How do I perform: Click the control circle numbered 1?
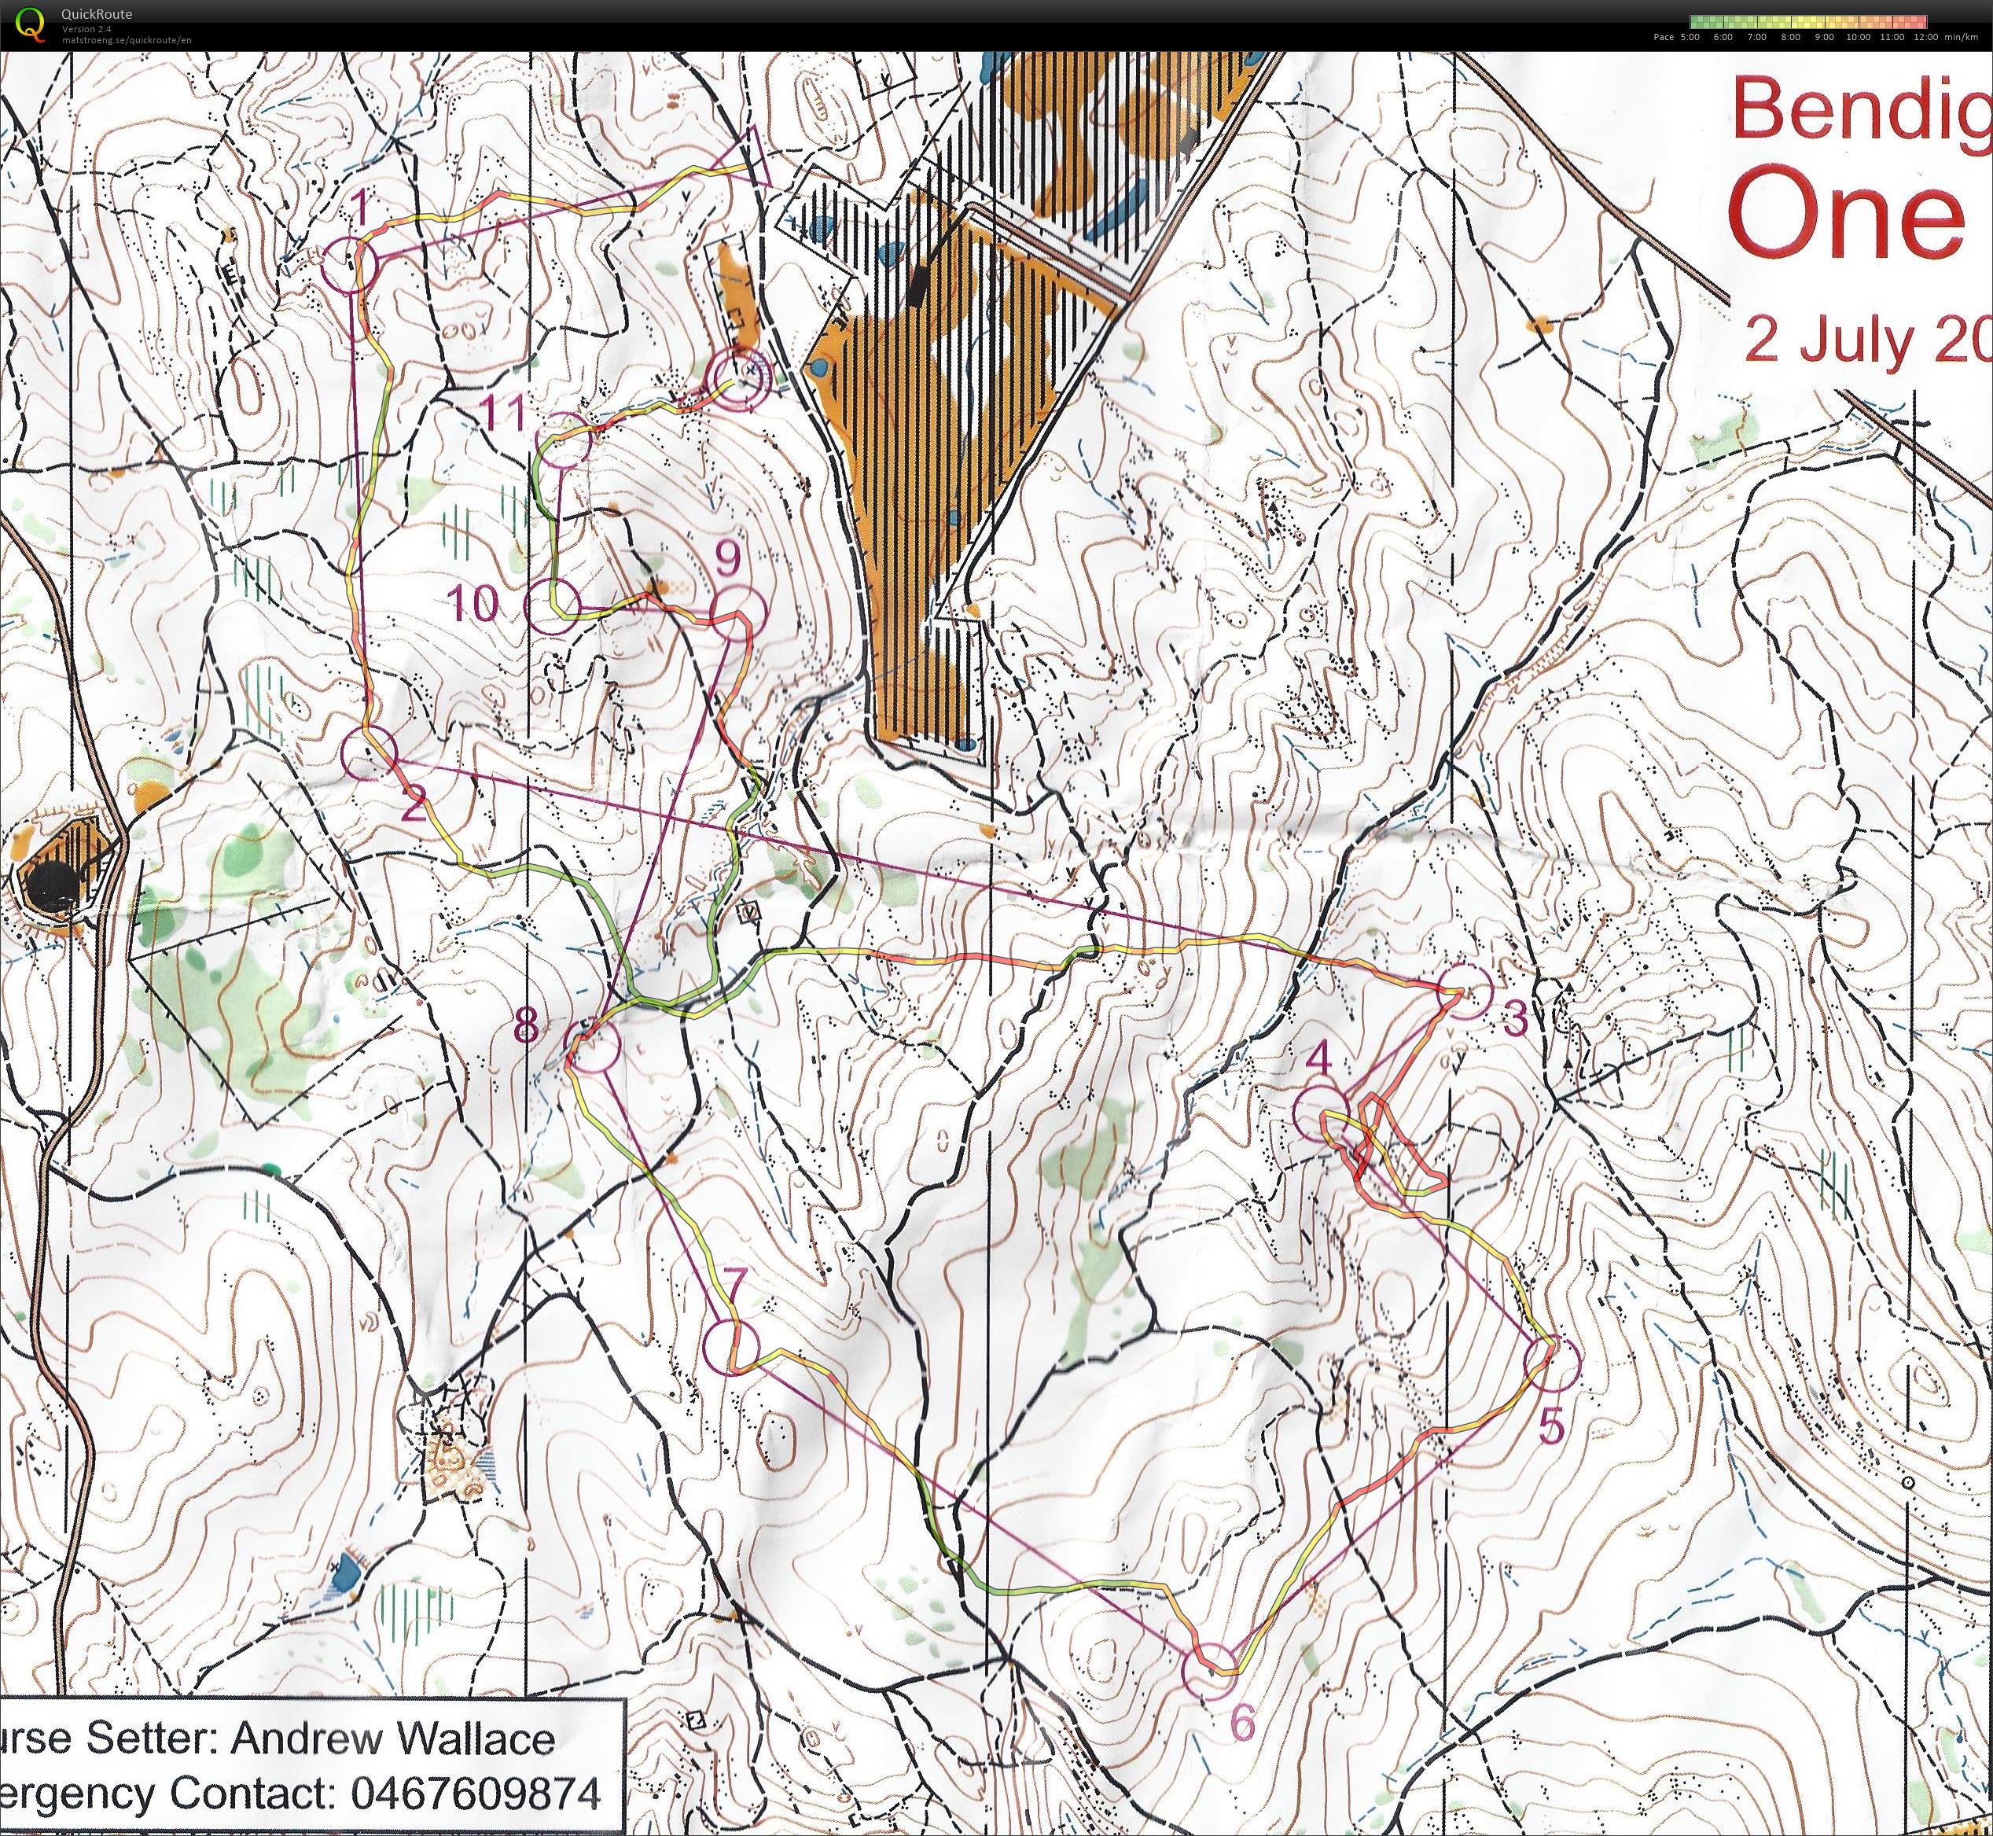click(351, 265)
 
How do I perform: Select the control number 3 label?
click(1515, 1017)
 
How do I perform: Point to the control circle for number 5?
click(1552, 1364)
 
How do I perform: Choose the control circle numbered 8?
click(593, 1048)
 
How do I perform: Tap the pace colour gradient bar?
click(1808, 21)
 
